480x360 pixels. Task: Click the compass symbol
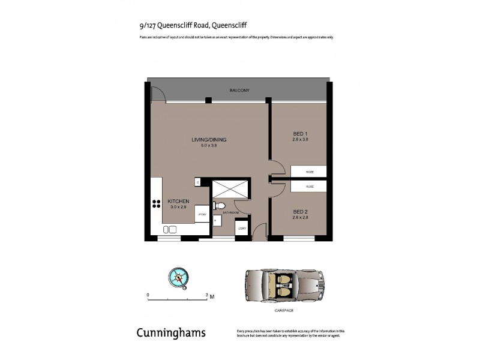click(179, 277)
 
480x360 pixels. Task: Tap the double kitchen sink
click(170, 229)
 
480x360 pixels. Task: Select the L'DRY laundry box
click(242, 227)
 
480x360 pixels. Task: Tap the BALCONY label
click(239, 90)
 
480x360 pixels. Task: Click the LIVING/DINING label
click(209, 140)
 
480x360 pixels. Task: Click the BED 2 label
click(301, 212)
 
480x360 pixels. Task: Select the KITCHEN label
click(179, 201)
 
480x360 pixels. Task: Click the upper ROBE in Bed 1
click(309, 172)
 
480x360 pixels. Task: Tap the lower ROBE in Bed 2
click(309, 187)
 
